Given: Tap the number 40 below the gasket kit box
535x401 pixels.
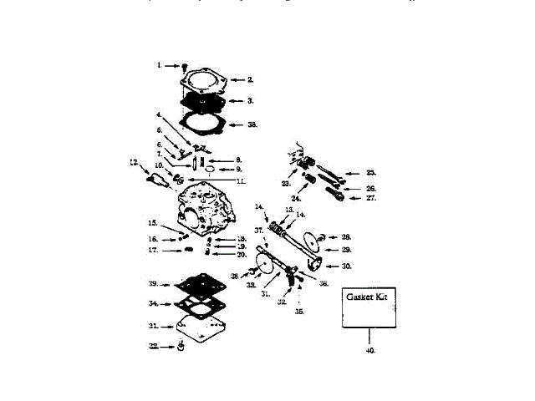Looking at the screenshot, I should click(x=370, y=351).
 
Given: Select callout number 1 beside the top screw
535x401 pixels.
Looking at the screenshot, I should click(x=160, y=64).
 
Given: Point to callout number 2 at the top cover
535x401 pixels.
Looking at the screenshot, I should click(x=249, y=79).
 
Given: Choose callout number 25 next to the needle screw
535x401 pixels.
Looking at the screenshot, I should click(x=370, y=173).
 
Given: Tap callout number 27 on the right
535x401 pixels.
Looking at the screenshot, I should click(x=370, y=199).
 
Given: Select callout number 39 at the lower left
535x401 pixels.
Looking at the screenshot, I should click(x=154, y=284).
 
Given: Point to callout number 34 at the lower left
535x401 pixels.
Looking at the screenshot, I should click(x=154, y=303).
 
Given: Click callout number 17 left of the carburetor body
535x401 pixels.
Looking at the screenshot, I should click(x=153, y=250).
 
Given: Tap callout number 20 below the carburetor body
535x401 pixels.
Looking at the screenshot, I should click(x=242, y=254).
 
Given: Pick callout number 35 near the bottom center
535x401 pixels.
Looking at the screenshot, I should click(x=299, y=311).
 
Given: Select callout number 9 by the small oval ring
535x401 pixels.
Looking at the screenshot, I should click(x=238, y=170).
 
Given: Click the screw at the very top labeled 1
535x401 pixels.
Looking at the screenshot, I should click(x=186, y=65).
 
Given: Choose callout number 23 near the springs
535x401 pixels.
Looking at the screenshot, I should click(x=286, y=183).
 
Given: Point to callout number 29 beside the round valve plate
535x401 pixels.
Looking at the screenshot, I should click(x=346, y=250).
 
